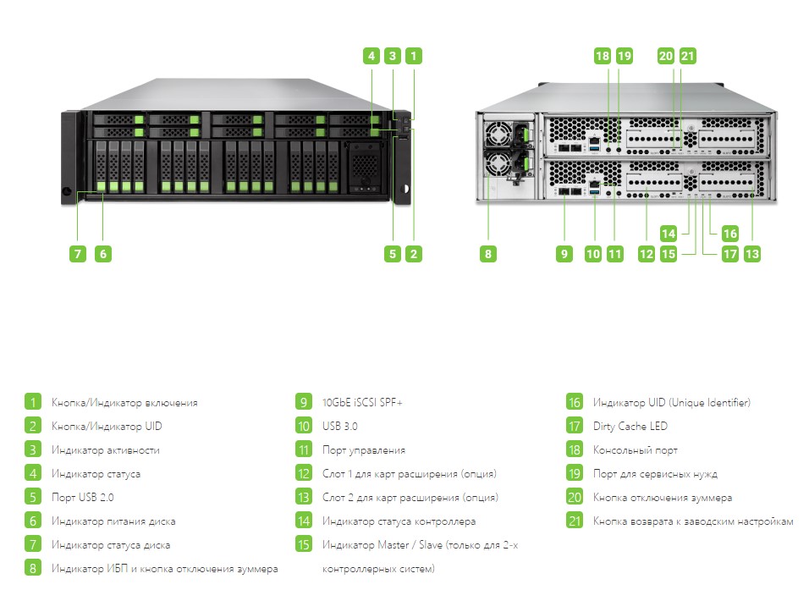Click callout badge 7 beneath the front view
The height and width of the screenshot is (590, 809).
(77, 253)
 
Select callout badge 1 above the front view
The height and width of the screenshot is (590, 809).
(413, 56)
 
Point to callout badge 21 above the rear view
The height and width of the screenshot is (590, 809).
(687, 56)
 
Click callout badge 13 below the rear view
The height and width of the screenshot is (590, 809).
(751, 253)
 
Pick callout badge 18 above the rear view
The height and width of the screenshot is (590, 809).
(602, 56)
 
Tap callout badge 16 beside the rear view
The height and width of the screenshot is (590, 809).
(730, 233)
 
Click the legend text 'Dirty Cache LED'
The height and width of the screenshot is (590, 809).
(630, 426)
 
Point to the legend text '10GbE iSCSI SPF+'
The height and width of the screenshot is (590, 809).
(362, 402)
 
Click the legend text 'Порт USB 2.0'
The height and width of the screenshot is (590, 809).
(82, 497)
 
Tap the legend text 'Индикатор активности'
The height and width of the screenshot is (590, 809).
(105, 449)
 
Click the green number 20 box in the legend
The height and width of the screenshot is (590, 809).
(575, 497)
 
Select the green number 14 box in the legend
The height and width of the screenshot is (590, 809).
(304, 521)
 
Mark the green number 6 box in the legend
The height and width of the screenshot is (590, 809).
(32, 521)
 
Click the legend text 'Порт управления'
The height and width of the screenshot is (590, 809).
(364, 449)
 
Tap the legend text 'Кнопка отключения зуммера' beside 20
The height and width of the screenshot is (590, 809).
(663, 497)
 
